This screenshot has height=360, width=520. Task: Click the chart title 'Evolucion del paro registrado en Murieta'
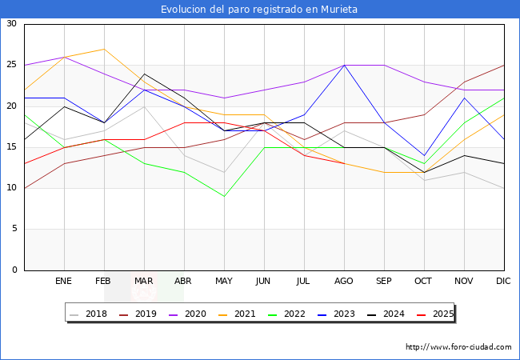(259, 10)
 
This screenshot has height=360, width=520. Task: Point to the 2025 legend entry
(441, 314)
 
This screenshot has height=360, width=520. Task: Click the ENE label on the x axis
(64, 282)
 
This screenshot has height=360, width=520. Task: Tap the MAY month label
(224, 282)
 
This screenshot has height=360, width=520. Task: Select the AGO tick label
(344, 282)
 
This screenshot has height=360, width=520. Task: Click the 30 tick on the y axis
(11, 24)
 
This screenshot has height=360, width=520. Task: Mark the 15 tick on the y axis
(11, 147)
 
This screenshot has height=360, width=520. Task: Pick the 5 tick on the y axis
(14, 230)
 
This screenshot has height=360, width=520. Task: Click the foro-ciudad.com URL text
(458, 347)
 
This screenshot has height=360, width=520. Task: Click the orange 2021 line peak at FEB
(104, 49)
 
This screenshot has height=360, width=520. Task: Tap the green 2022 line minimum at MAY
(224, 196)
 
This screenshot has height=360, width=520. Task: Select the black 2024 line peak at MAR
(144, 74)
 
